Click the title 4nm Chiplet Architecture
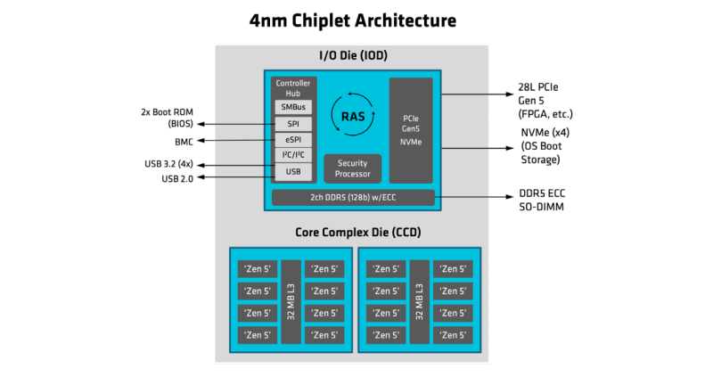pyautogui.click(x=356, y=20)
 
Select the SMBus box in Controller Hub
pyautogui.click(x=292, y=107)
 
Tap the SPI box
pyautogui.click(x=292, y=124)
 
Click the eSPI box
pyautogui.click(x=292, y=140)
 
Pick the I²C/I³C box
pyautogui.click(x=292, y=155)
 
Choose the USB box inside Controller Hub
pyautogui.click(x=292, y=171)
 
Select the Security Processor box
pyautogui.click(x=352, y=168)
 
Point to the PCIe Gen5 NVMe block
pyautogui.click(x=411, y=129)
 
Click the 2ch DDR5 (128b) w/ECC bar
pyautogui.click(x=353, y=198)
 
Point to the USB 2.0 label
pyautogui.click(x=177, y=178)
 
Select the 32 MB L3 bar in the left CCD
pyautogui.click(x=291, y=302)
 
